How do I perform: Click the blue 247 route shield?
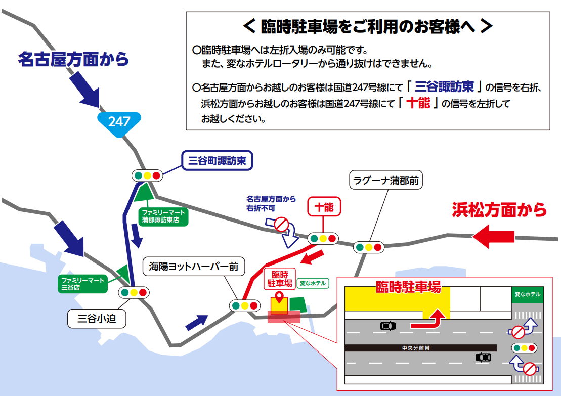[x=119, y=121]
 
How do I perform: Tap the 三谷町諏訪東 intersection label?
[x=217, y=161]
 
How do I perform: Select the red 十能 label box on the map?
[x=324, y=207]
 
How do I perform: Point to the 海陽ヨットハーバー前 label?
[x=193, y=266]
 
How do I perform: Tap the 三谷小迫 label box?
[x=97, y=319]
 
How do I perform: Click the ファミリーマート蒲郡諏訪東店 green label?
[x=163, y=216]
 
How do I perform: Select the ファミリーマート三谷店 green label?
[x=83, y=284]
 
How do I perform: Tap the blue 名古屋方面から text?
[x=73, y=59]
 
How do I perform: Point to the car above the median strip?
[x=388, y=326]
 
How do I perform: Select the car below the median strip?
[x=483, y=357]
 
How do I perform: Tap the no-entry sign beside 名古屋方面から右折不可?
[x=281, y=224]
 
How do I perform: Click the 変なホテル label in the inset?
[x=527, y=294]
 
